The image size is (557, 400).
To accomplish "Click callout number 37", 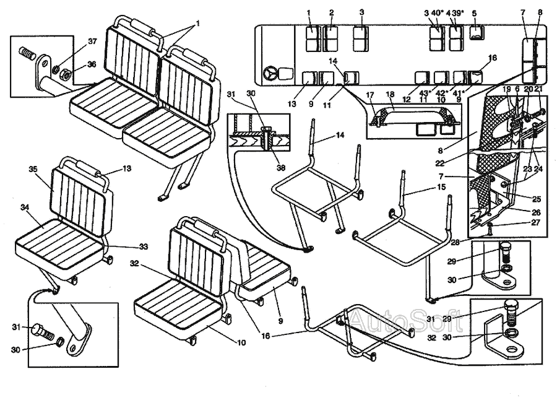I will (92, 41).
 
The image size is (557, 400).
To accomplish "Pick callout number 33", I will (143, 246).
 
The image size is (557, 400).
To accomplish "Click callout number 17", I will (370, 95).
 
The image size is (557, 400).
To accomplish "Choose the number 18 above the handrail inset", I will (390, 95).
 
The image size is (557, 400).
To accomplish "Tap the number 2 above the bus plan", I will (332, 12).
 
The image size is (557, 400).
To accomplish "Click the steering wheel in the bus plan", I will (270, 74).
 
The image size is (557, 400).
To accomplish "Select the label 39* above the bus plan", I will (459, 12).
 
